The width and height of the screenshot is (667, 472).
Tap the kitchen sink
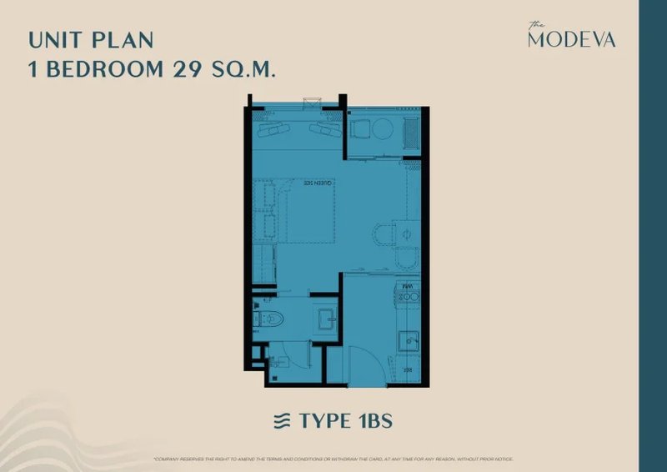pyautogui.click(x=407, y=340)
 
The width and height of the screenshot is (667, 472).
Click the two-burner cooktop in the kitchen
pyautogui.click(x=409, y=293)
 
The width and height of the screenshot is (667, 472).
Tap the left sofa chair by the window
pyautogui.click(x=272, y=130)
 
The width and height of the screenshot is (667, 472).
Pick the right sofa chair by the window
pyautogui.click(x=323, y=130)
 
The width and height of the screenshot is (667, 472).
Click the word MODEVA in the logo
pyautogui.click(x=572, y=39)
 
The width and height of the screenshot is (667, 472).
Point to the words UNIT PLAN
pyautogui.click(x=90, y=39)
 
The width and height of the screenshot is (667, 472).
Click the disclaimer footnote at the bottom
pyautogui.click(x=333, y=459)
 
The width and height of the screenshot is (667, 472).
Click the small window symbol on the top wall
pyautogui.click(x=311, y=103)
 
